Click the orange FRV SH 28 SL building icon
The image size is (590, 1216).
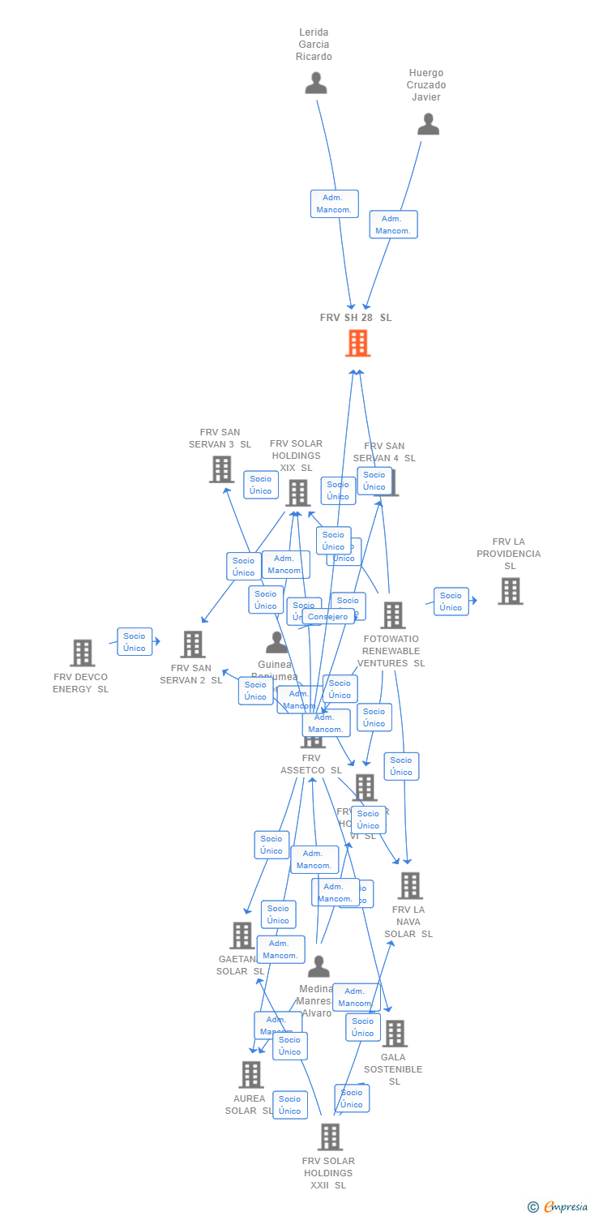pos(357,343)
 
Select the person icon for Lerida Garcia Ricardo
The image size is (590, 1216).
pos(315,83)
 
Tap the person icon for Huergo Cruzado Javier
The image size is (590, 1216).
pos(428,124)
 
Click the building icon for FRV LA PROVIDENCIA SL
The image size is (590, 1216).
pos(510,591)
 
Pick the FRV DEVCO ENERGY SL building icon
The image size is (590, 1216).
pos(82,653)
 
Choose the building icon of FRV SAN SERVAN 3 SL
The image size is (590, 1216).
pos(221,469)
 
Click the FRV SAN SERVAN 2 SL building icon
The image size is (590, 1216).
pos(192,644)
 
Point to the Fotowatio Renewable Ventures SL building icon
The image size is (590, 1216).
pos(393,615)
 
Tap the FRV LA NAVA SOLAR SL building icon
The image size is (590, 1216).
pos(410,886)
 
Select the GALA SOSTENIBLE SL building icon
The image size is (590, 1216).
pos(395,1034)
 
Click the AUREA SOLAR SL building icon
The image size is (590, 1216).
pos(251,1075)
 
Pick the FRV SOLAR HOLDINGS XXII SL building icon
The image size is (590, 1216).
pos(330,1137)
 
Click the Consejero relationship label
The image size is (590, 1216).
pos(328,617)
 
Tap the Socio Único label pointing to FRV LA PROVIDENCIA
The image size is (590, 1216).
pos(451,602)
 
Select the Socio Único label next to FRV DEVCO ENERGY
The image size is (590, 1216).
pos(135,642)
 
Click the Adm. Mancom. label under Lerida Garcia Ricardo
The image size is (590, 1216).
pos(334,203)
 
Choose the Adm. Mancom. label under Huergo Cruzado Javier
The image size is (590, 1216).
pos(393,225)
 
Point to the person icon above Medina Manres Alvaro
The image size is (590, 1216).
pos(319,966)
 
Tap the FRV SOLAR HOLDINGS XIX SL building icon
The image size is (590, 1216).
pos(297,492)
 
